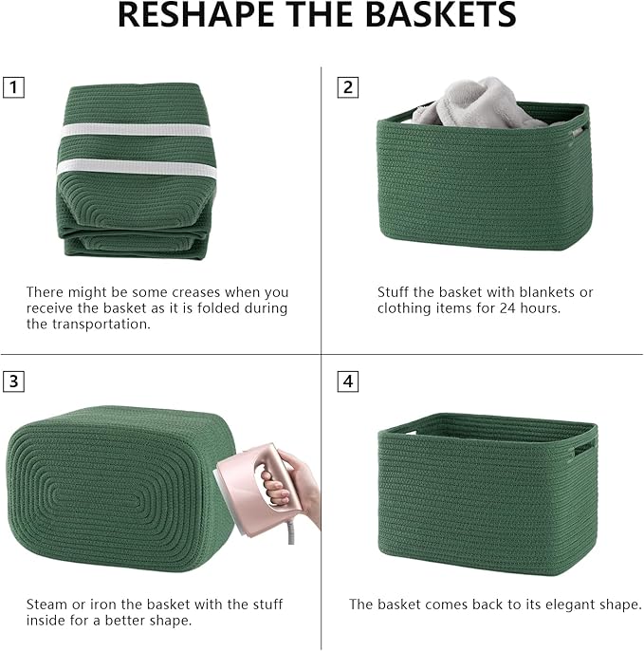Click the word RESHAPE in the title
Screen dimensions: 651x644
click(x=198, y=16)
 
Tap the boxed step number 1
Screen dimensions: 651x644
click(x=14, y=88)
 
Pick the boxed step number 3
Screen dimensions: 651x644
click(x=14, y=382)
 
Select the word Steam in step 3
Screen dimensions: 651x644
click(x=46, y=604)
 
